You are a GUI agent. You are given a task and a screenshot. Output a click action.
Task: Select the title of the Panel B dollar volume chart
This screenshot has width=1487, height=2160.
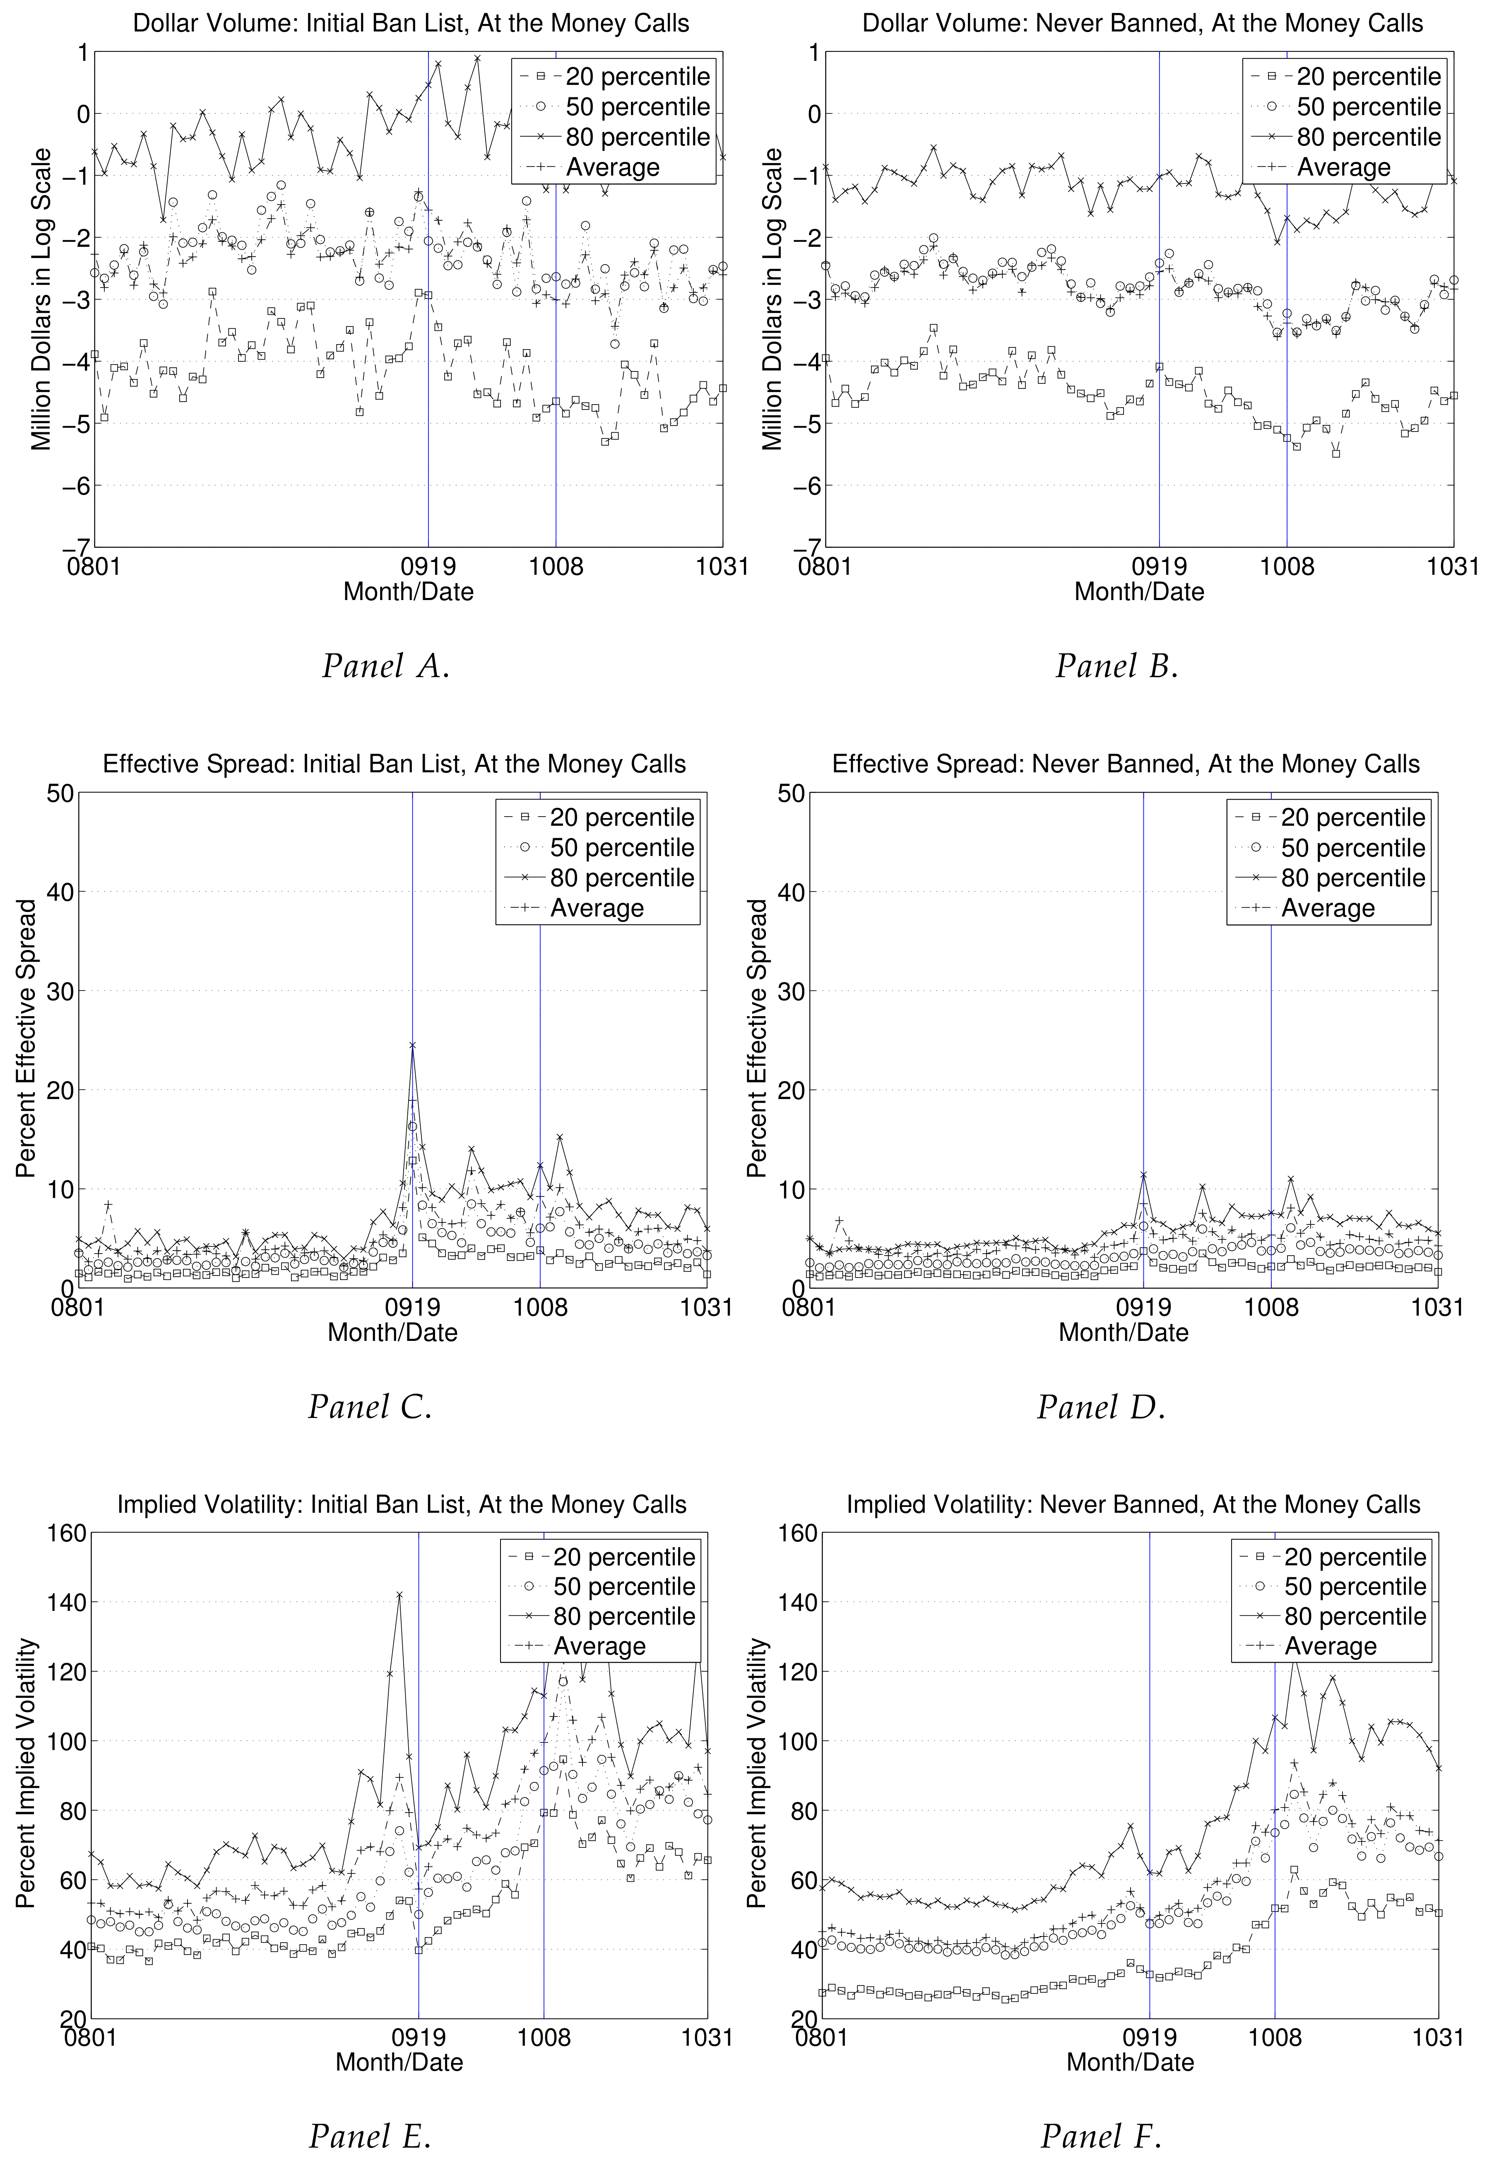(1142, 23)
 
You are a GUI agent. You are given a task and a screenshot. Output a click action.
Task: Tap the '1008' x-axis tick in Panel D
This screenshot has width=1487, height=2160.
(1271, 1307)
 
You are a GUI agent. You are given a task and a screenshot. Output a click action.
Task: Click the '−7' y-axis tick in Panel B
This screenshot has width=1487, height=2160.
(807, 547)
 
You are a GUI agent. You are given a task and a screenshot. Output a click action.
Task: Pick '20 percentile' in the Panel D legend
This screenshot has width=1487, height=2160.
(1352, 818)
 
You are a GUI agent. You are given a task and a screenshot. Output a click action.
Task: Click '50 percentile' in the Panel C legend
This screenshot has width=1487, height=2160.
(621, 848)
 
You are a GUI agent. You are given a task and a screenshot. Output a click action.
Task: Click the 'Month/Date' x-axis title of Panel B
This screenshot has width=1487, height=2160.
(1138, 592)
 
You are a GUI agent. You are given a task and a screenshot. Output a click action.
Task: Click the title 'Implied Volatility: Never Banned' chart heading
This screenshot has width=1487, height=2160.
(1133, 1504)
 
